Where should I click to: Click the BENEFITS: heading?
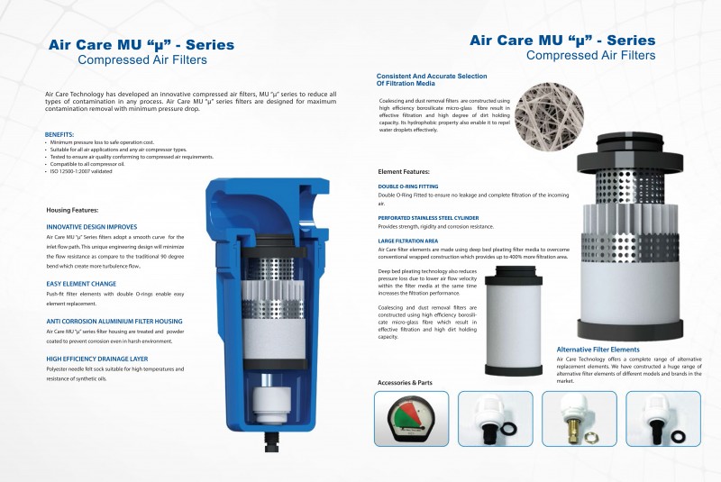click(59, 133)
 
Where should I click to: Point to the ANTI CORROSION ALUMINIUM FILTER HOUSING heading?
click(114, 321)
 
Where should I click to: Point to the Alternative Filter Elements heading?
click(598, 349)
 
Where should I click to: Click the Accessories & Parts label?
click(405, 382)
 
